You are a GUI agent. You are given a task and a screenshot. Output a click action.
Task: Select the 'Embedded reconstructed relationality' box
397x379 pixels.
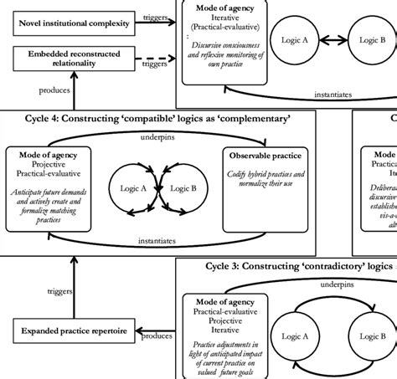coord(71,59)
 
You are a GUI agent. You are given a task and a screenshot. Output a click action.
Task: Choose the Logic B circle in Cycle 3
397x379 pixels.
coord(370,335)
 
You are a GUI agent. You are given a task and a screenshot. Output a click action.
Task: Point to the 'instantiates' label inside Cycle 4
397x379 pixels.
coord(157,240)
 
